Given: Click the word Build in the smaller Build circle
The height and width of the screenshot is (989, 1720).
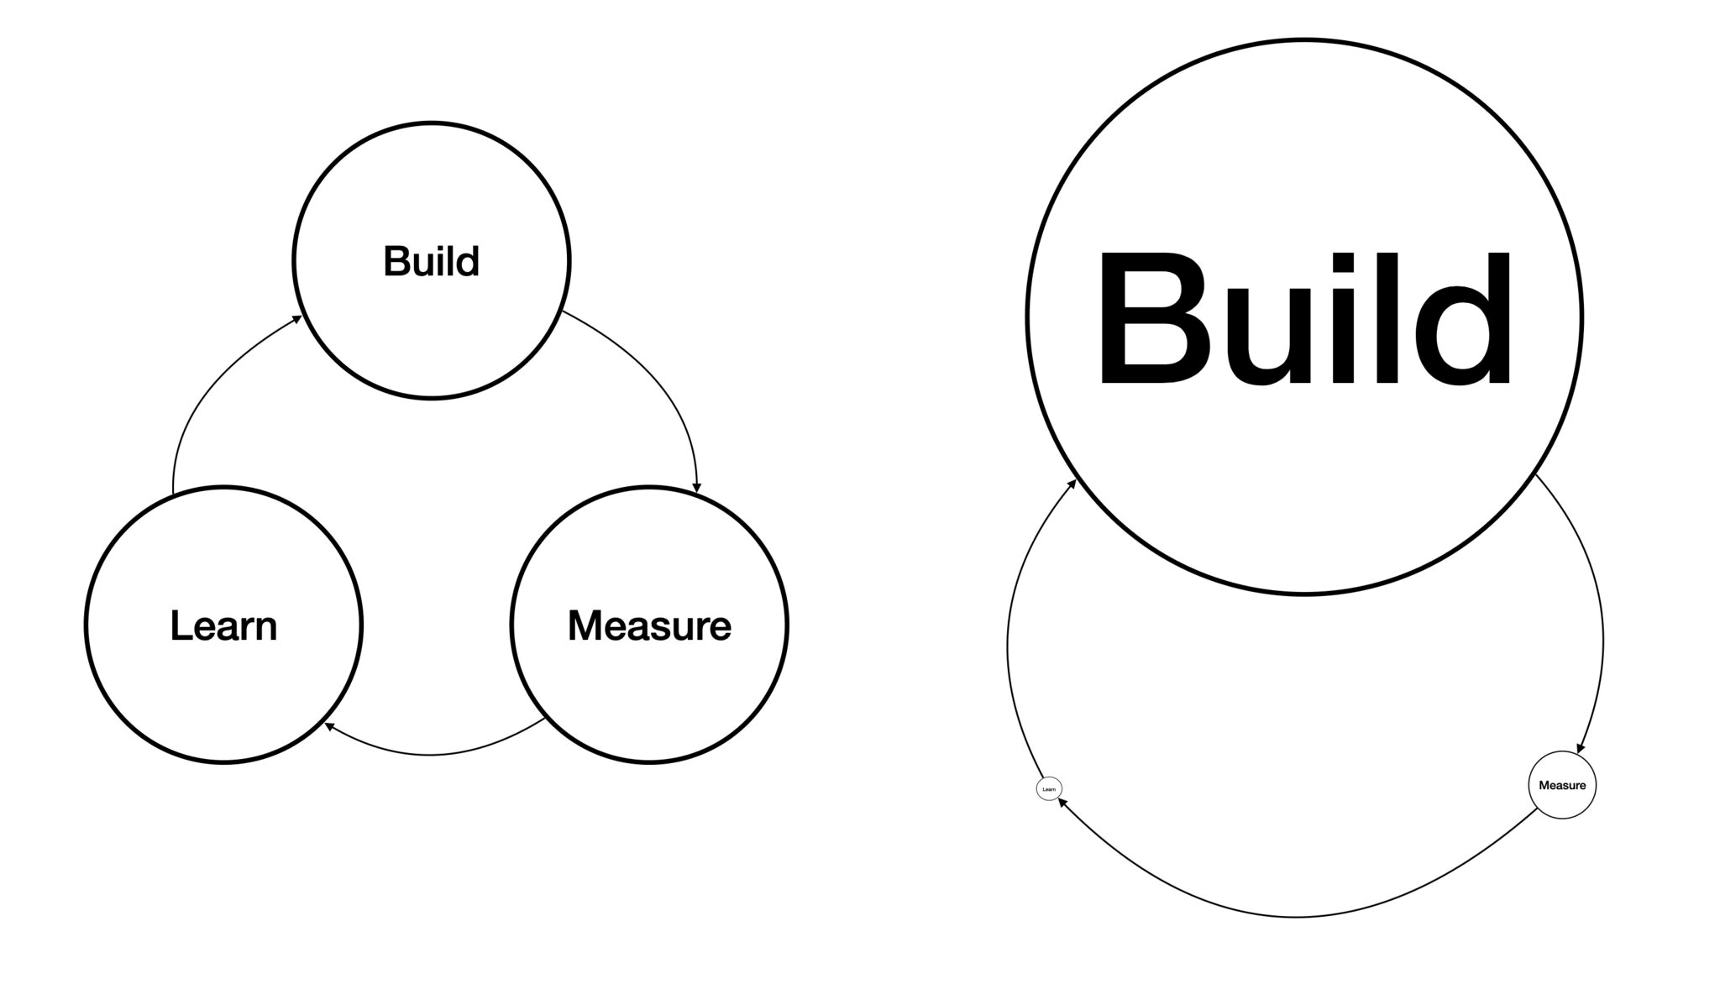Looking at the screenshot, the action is click(x=431, y=261).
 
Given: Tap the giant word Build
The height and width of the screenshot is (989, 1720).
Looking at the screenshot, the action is click(x=1304, y=319).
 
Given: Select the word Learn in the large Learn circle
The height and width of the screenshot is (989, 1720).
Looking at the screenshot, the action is click(x=223, y=626).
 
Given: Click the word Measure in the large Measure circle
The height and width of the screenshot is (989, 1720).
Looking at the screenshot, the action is click(x=649, y=626).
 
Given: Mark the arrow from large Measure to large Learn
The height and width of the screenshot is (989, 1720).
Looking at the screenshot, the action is click(x=430, y=755).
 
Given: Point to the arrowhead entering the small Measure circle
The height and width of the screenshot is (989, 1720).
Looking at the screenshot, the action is click(x=1581, y=748).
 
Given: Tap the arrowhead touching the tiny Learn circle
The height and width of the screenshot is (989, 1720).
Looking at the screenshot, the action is click(x=1062, y=802).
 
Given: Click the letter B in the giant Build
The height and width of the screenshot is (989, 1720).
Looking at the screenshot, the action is click(x=1146, y=319).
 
